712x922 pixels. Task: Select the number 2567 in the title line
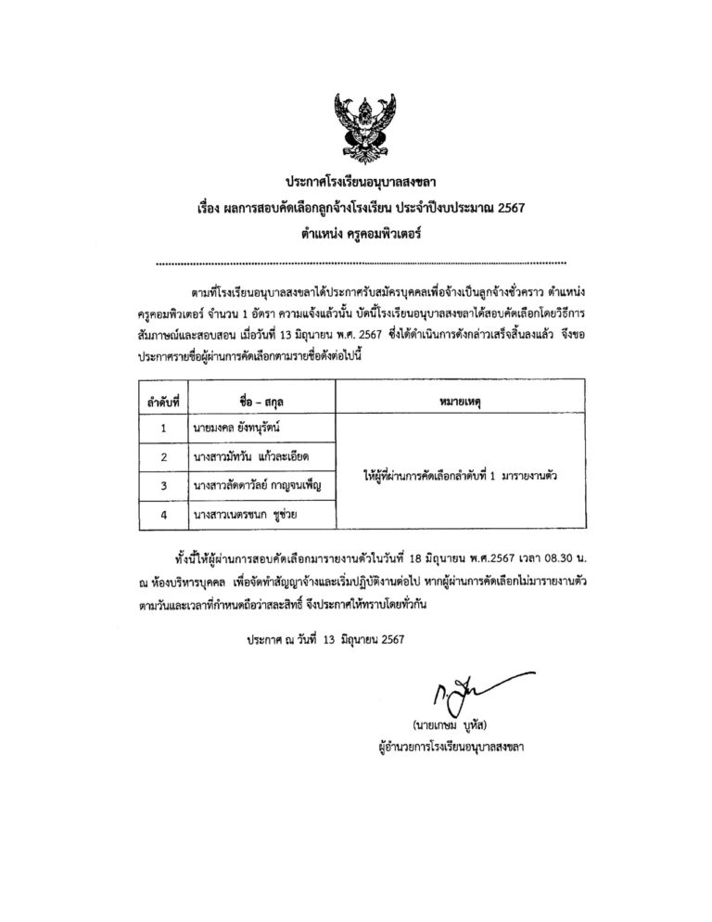507,208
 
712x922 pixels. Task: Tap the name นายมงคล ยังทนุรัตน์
236,429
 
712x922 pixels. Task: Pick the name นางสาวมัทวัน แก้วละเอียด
248,457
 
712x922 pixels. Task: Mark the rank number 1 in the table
163,429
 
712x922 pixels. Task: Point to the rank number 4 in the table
163,512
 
